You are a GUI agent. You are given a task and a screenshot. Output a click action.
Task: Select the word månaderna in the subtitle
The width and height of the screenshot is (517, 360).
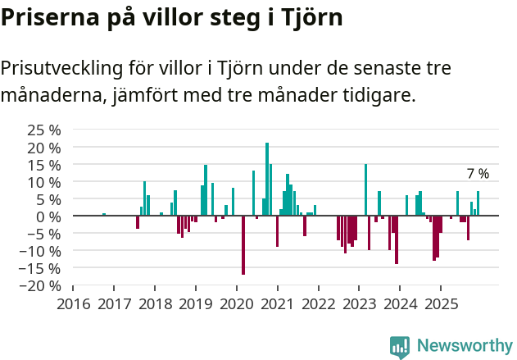pos(50,95)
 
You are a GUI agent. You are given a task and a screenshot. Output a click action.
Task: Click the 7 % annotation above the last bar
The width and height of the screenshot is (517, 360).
pos(478,174)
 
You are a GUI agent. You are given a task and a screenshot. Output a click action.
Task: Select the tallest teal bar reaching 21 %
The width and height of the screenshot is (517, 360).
pos(267,179)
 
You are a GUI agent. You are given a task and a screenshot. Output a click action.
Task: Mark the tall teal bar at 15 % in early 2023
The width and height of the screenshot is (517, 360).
pos(365,189)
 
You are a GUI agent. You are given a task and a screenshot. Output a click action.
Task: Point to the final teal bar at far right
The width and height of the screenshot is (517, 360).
pos(478,203)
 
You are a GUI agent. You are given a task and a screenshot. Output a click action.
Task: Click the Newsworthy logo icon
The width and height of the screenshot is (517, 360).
pos(400,347)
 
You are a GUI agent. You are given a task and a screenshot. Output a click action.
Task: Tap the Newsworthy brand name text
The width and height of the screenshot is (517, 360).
pos(465,347)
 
